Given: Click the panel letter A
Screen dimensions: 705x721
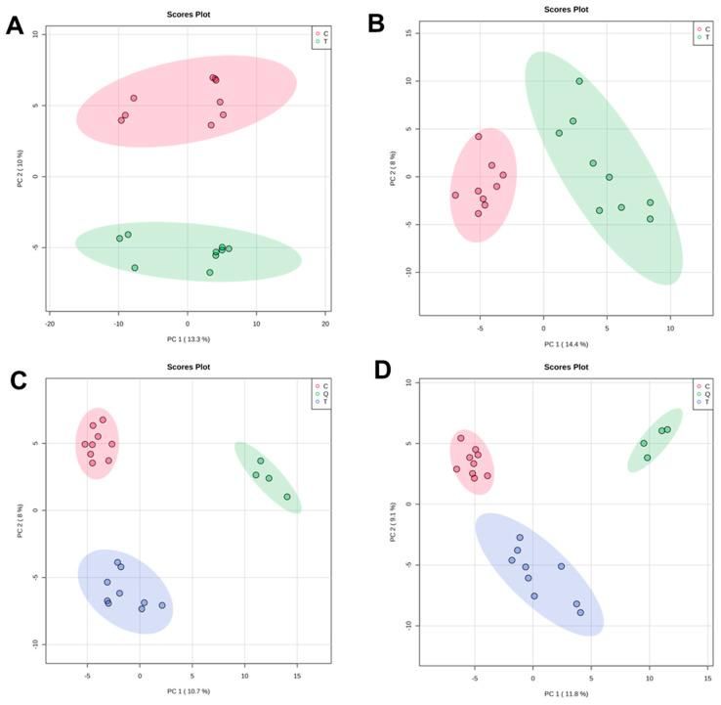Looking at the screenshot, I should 15,26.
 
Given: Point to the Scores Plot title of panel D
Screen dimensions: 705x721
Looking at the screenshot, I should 566,367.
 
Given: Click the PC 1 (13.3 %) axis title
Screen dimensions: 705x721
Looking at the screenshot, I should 188,338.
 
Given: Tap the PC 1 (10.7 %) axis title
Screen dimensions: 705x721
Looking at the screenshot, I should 188,691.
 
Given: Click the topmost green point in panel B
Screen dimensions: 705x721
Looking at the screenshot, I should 579,81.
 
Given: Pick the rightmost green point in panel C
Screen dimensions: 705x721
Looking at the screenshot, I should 287,497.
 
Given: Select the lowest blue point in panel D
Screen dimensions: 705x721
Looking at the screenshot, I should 580,612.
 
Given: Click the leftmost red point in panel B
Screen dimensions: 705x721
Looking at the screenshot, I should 455,195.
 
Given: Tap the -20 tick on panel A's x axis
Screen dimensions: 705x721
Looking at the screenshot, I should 50,323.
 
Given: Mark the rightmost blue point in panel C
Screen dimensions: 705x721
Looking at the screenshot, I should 162,605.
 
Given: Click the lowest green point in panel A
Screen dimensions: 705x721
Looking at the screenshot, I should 210,273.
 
